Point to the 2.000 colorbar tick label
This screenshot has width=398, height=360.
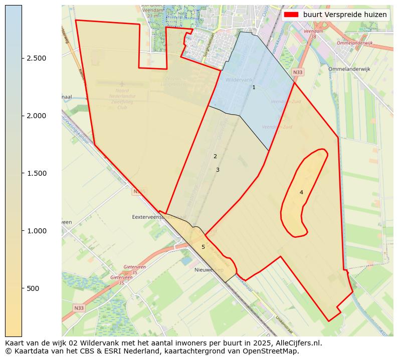(36, 116)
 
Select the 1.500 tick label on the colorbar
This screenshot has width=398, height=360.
(36, 173)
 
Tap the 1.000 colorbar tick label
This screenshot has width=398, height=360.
(36, 231)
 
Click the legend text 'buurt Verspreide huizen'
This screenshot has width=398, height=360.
(345, 15)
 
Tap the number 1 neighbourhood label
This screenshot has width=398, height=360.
(254, 88)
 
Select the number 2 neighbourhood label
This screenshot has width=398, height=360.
(215, 157)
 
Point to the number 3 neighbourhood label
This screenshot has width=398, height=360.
(218, 170)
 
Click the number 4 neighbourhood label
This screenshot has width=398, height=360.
(301, 193)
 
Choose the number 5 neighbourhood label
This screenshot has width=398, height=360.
(203, 247)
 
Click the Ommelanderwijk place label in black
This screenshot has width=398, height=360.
(349, 69)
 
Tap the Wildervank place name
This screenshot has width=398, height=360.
(239, 80)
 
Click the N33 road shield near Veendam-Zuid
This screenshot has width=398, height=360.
(298, 73)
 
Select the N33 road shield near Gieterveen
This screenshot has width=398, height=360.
(79, 308)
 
